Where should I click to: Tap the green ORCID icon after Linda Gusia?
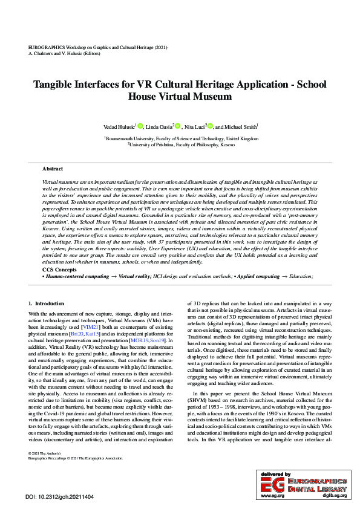coord(178,126)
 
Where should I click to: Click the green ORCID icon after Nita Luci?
coord(211,126)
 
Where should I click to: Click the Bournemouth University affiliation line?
coord(181,138)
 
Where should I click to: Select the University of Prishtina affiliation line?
coord(181,144)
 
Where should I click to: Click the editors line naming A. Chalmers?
coord(65,53)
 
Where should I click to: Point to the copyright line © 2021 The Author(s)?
coord(45,469)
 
